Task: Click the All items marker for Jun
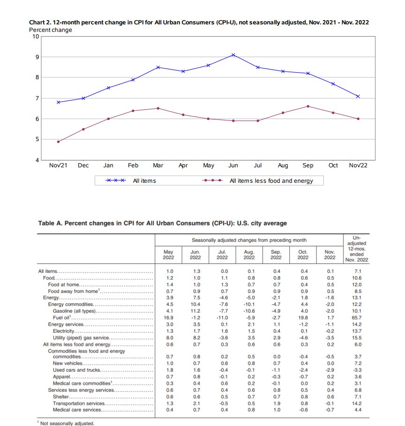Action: pos(233,55)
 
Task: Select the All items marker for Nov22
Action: pos(358,96)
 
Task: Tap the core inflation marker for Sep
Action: pos(308,106)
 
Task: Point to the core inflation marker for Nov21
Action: pos(58,142)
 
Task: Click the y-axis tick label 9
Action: pos(36,57)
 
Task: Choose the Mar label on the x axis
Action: pos(158,166)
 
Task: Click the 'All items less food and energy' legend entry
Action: pos(271,180)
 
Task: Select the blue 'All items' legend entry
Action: pos(144,180)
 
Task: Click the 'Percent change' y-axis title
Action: pos(51,30)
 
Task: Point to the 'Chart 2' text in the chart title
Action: pos(40,23)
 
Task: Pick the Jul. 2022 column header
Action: pos(222,254)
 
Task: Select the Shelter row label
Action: pos(61,396)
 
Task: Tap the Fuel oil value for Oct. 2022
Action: pos(303,318)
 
